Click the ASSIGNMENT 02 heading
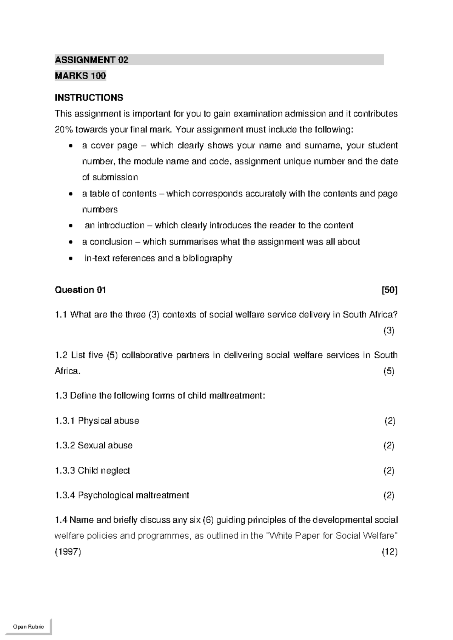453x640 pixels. [x=92, y=60]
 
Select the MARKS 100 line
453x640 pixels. [x=80, y=76]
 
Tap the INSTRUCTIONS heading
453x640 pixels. [x=89, y=98]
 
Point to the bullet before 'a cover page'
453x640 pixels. [x=71, y=146]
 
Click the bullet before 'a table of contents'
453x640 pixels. [x=71, y=194]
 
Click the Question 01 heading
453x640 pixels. [x=80, y=290]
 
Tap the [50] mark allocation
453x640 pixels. [x=390, y=290]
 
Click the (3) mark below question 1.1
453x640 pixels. [x=389, y=331]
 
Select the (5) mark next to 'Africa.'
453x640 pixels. [x=389, y=371]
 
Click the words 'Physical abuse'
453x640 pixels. [x=108, y=421]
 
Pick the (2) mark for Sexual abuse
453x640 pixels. [x=389, y=446]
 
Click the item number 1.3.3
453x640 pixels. [x=65, y=471]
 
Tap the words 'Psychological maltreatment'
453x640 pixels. [x=133, y=495]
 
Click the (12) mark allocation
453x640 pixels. [x=390, y=552]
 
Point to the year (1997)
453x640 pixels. [x=68, y=552]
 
